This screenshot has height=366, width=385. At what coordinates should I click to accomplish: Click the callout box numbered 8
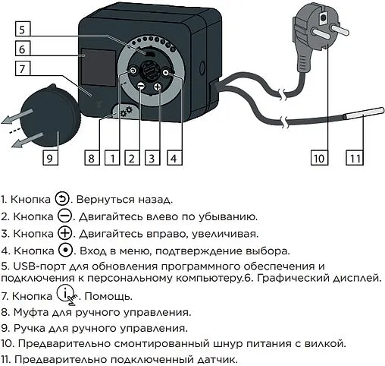tap(90, 159)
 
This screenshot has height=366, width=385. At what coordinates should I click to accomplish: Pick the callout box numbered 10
tap(319, 159)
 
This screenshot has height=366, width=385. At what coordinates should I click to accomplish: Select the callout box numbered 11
tap(355, 159)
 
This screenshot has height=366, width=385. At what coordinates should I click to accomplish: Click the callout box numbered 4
tap(174, 159)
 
